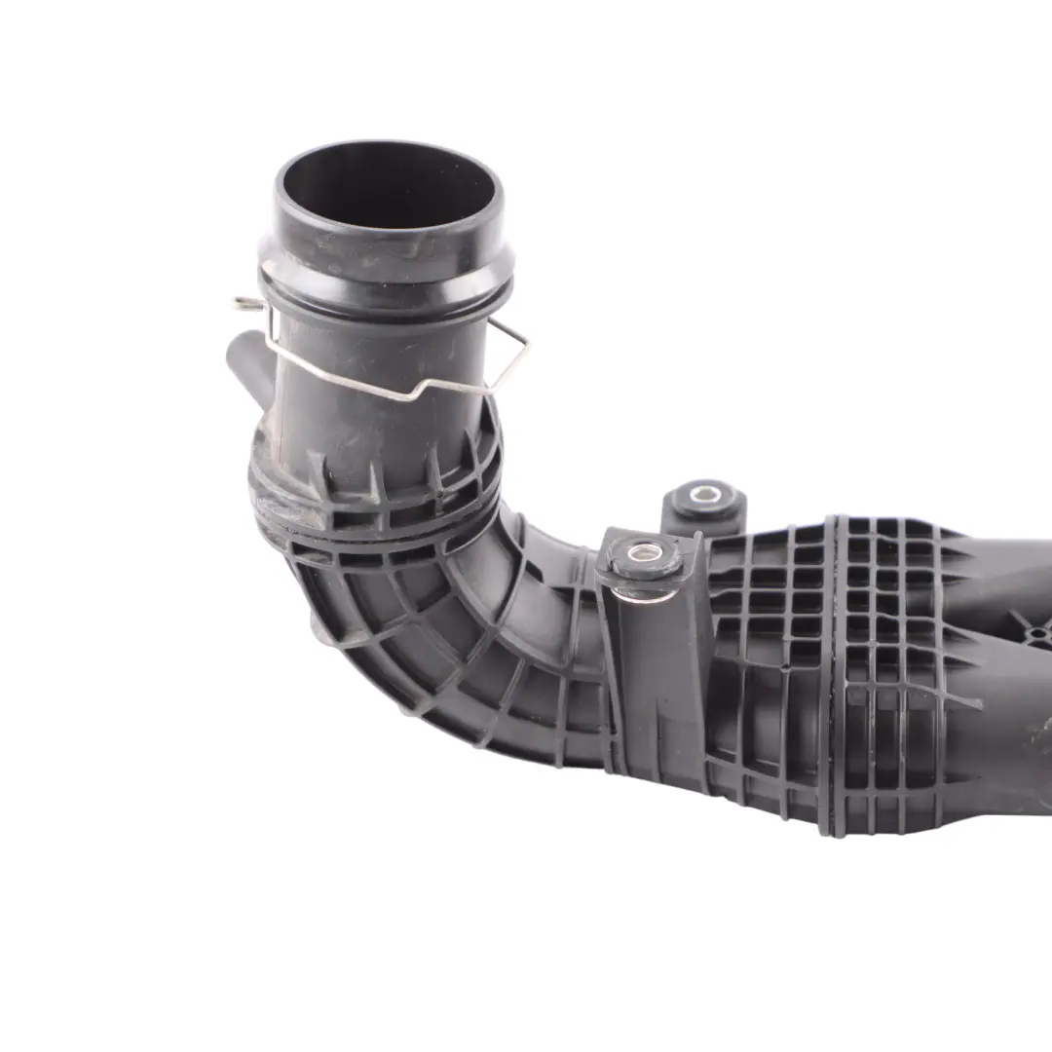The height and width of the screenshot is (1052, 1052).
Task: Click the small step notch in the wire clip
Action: (422, 386)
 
